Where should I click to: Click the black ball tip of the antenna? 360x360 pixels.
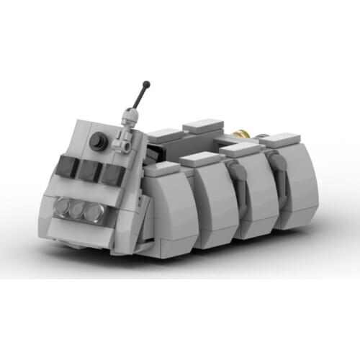(147, 84)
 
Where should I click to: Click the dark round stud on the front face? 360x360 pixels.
(99, 142)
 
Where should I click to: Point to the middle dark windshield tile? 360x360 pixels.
(89, 171)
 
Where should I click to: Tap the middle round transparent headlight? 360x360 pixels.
(77, 210)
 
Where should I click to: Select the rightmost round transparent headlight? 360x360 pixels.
(93, 212)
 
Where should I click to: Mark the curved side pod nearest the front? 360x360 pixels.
(170, 209)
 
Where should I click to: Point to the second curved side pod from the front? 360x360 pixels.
(215, 198)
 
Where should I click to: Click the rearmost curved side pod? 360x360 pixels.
(295, 184)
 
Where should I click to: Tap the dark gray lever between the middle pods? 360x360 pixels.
(234, 173)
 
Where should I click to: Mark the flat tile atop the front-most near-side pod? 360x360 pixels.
(163, 168)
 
